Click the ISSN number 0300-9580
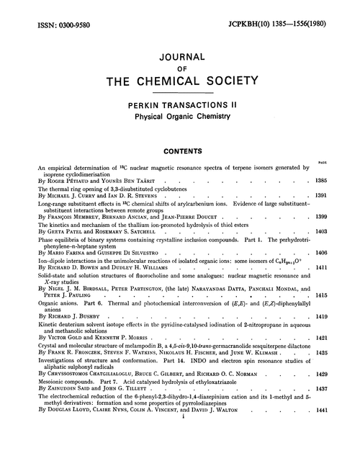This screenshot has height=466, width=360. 65,12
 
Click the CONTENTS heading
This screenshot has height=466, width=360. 180,153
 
